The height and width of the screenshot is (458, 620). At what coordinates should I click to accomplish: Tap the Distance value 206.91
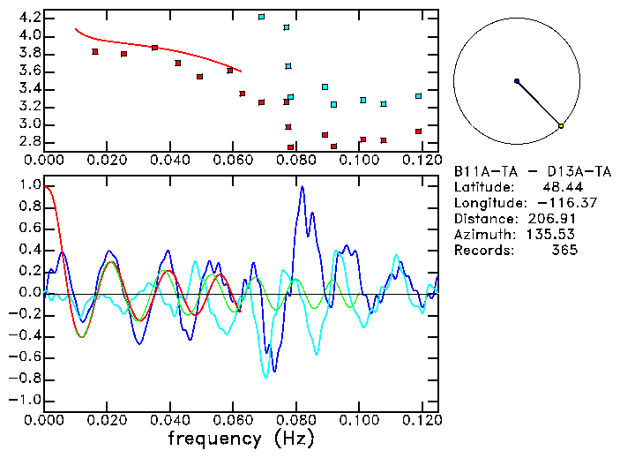coord(549,219)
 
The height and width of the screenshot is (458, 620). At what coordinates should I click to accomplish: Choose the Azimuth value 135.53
coord(549,235)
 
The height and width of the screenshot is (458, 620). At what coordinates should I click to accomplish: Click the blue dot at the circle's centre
coord(517,81)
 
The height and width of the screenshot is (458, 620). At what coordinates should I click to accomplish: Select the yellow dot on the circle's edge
coord(561,126)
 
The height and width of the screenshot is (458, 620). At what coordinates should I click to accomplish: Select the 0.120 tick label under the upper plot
coord(422,160)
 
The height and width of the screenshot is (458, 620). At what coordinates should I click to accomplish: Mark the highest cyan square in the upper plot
coord(261,17)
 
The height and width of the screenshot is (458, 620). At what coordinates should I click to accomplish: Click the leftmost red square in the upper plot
coord(95,51)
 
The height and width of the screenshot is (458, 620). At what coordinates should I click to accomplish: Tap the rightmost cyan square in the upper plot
coord(418,96)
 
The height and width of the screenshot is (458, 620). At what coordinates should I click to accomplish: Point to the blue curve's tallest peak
coord(302,186)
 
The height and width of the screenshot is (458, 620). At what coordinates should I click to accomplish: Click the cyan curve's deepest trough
coord(265,377)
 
